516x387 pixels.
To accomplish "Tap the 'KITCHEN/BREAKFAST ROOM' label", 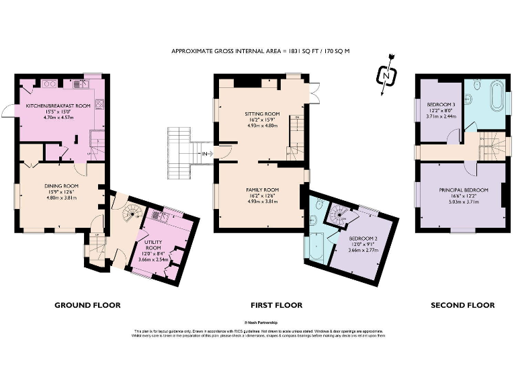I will point(58,107).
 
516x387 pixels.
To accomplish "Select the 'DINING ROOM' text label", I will point(62,185).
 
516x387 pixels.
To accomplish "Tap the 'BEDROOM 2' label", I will point(363,239).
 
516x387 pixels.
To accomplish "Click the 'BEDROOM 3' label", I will point(441,104).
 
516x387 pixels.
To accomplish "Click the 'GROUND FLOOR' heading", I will point(87,305).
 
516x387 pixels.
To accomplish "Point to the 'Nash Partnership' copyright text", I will point(258,323).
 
